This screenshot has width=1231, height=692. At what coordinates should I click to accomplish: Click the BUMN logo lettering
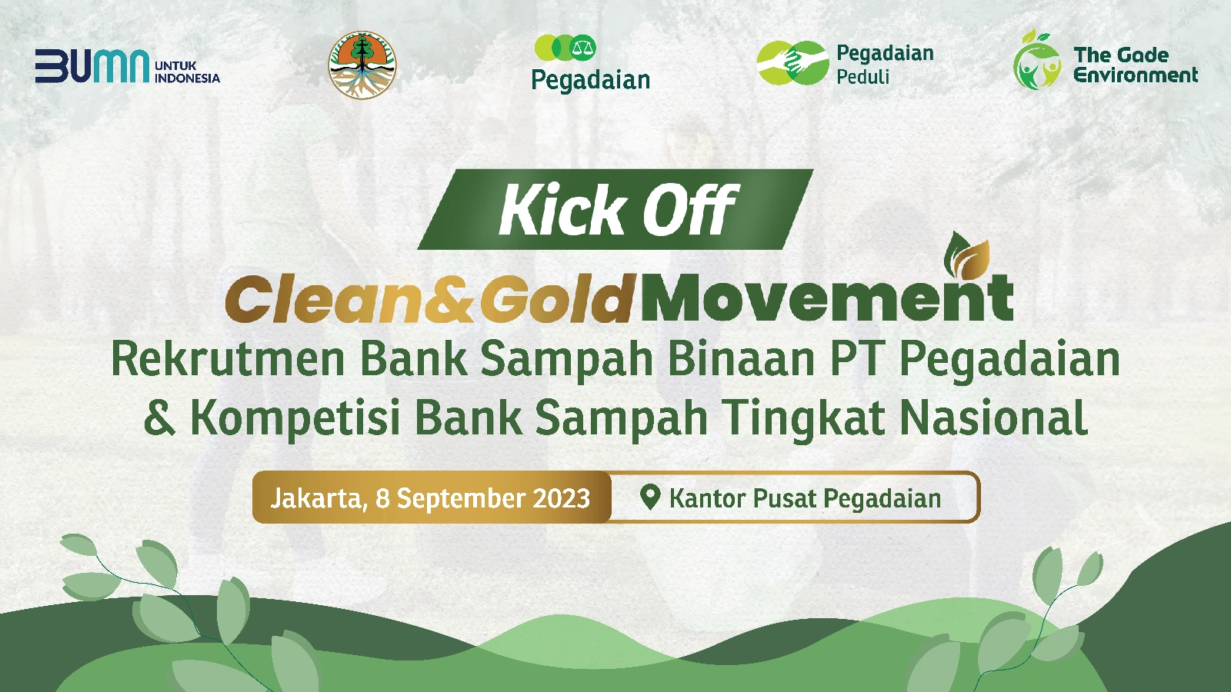[92, 66]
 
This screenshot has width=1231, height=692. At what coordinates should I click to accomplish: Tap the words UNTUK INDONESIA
[187, 72]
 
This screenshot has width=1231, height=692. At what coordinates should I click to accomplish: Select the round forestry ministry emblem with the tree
[362, 65]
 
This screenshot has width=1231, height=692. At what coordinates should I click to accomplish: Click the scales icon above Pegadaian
[582, 47]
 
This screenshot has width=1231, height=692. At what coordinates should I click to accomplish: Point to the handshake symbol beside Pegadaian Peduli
[792, 62]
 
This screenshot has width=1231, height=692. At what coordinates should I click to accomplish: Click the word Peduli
[862, 77]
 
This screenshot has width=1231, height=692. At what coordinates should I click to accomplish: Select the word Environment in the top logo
[1136, 75]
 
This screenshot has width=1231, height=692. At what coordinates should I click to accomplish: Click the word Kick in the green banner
[561, 209]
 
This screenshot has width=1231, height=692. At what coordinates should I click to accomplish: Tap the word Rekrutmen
[228, 360]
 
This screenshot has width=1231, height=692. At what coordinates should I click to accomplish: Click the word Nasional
[992, 418]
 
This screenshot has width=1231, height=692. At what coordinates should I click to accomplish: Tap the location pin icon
[650, 497]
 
